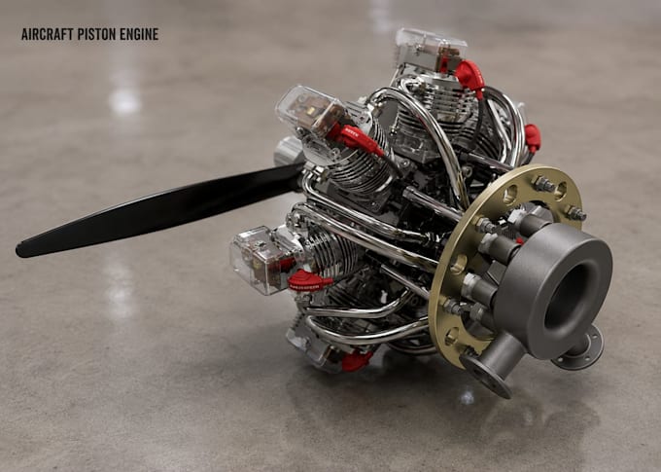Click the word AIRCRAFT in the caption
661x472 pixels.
click(48, 34)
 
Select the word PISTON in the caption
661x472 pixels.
click(97, 34)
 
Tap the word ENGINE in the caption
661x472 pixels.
click(139, 34)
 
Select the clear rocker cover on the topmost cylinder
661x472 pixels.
click(430, 49)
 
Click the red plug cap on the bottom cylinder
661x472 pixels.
click(357, 361)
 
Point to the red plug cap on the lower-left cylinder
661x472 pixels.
click(309, 280)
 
